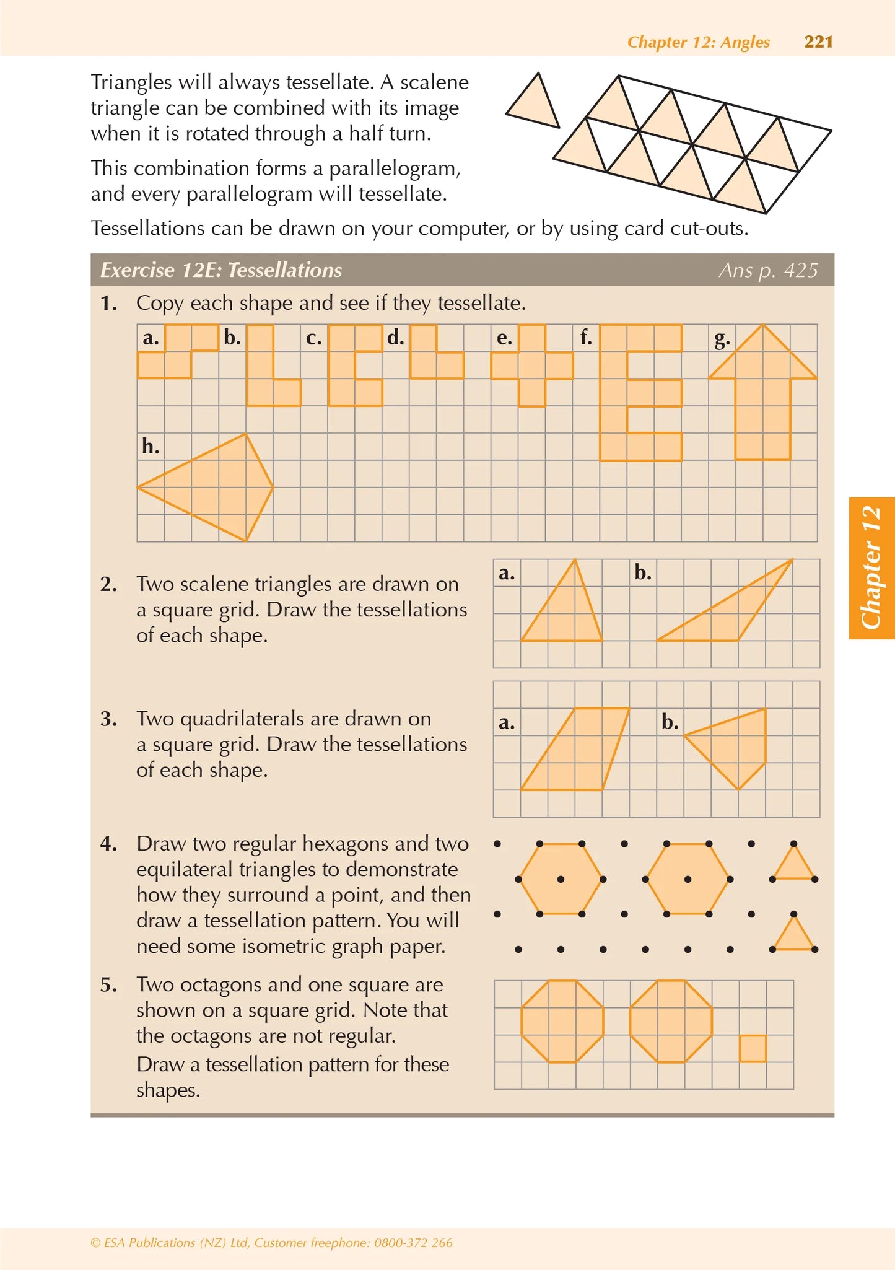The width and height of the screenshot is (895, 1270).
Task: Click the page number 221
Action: (818, 42)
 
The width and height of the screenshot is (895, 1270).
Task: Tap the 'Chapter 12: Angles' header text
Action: (698, 42)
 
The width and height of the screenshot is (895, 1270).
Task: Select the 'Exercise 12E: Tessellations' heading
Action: (221, 270)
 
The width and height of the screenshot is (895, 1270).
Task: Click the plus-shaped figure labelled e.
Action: (532, 366)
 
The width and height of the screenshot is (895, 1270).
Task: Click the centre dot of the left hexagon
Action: (561, 879)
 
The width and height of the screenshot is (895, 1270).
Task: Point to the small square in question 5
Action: (753, 1048)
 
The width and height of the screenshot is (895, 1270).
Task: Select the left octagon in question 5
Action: (562, 1021)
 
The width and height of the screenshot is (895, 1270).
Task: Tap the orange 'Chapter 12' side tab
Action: (871, 567)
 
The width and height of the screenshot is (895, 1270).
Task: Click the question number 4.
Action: (109, 844)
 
